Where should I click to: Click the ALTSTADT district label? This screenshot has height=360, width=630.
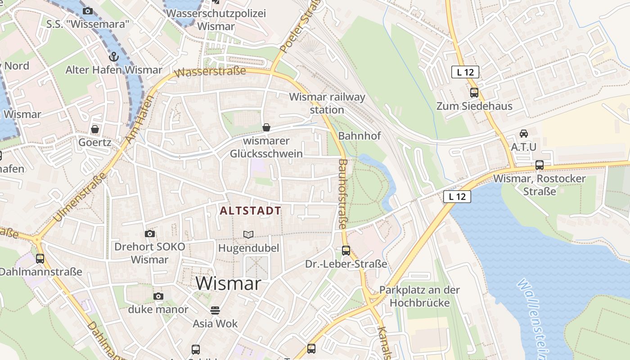point(251,211)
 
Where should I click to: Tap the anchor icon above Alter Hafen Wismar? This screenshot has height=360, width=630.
point(113,57)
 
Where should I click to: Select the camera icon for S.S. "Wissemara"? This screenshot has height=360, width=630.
point(88,11)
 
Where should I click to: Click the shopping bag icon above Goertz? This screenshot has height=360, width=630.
point(95,130)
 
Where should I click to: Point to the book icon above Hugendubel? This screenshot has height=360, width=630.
point(248,234)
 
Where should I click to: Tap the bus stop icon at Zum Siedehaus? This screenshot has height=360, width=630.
point(474,93)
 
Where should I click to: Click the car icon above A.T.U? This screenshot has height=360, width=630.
point(524,134)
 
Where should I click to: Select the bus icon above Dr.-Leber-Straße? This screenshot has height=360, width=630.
point(346,251)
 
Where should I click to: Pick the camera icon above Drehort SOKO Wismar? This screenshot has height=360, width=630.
point(150,234)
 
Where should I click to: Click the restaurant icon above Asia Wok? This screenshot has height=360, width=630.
point(215,310)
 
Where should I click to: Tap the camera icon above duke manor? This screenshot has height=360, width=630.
point(158,296)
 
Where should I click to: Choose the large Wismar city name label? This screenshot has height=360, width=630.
point(229,283)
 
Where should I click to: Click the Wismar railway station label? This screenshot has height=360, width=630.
point(327,103)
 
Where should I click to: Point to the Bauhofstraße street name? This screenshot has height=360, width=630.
point(343,193)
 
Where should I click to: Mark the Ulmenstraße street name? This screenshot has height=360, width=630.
point(80,197)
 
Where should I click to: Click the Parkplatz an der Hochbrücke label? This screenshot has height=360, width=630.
point(420,296)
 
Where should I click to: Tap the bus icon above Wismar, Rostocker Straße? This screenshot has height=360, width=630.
point(540,165)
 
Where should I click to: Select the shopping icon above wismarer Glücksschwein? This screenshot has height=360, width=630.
point(266,127)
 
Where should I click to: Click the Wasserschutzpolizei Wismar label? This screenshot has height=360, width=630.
point(216,20)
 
